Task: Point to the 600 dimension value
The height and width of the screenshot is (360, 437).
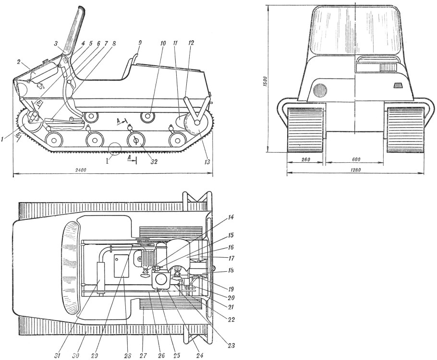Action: (x=356, y=159)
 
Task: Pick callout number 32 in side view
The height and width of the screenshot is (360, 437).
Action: (x=154, y=161)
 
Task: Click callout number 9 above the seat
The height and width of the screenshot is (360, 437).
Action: (x=140, y=43)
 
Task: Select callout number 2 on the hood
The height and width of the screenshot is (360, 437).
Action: (x=19, y=62)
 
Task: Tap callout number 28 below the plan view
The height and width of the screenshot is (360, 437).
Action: (x=128, y=356)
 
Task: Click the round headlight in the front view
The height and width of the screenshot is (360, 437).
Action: (x=320, y=91)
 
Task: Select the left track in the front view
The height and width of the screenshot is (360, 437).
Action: (x=306, y=130)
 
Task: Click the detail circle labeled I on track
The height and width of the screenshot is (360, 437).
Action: (x=115, y=148)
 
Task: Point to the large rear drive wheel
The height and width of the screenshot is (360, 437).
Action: (x=197, y=122)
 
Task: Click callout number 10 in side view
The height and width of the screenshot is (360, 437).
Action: (x=163, y=43)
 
